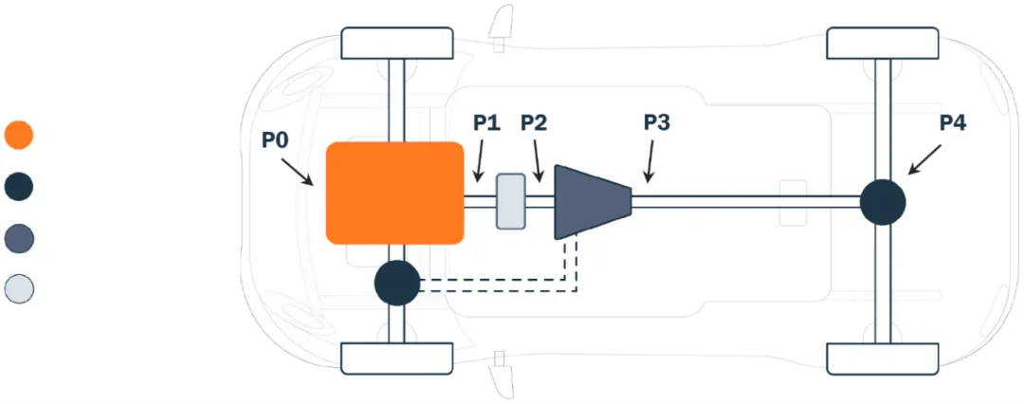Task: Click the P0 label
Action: point(276,140)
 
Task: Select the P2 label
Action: point(535,123)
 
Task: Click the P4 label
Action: point(953,123)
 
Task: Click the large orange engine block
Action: point(394,193)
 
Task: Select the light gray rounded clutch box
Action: point(511,200)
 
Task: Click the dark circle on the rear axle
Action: point(882,202)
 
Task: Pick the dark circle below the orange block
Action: point(396,283)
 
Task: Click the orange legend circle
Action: point(19,135)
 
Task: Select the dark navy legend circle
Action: point(19,186)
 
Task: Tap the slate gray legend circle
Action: point(19,237)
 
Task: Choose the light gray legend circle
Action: point(19,288)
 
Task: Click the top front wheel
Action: point(395,44)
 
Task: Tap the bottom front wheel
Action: point(395,358)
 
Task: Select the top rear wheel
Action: point(882,44)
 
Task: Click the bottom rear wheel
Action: point(882,358)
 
